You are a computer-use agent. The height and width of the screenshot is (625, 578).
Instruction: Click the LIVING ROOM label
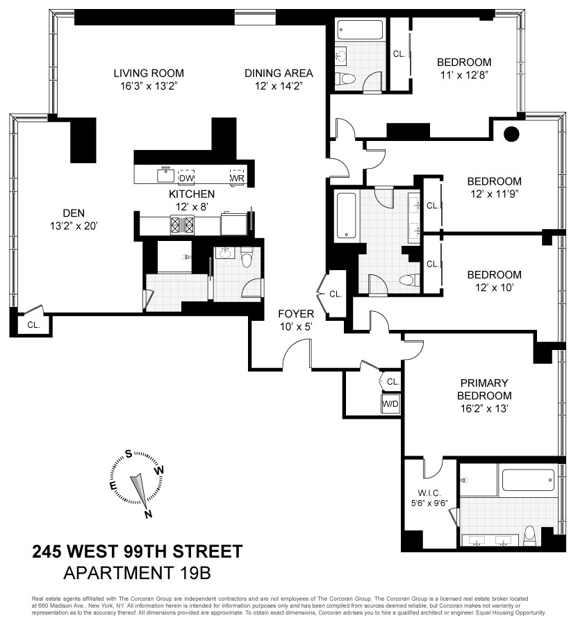149,73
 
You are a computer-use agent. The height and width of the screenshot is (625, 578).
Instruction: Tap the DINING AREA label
279,73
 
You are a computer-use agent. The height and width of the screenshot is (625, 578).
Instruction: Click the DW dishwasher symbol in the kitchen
186,176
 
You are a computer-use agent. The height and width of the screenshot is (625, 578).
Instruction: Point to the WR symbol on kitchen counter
238,176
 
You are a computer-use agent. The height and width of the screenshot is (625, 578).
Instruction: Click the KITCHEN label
192,194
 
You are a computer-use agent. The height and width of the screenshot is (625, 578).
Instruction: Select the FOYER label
297,313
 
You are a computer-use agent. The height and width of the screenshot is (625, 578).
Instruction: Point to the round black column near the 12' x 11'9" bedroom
512,133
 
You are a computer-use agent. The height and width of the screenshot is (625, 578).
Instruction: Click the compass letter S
129,455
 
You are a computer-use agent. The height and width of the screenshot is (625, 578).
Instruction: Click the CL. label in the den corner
33,324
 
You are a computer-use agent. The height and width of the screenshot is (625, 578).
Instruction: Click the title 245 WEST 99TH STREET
138,553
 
